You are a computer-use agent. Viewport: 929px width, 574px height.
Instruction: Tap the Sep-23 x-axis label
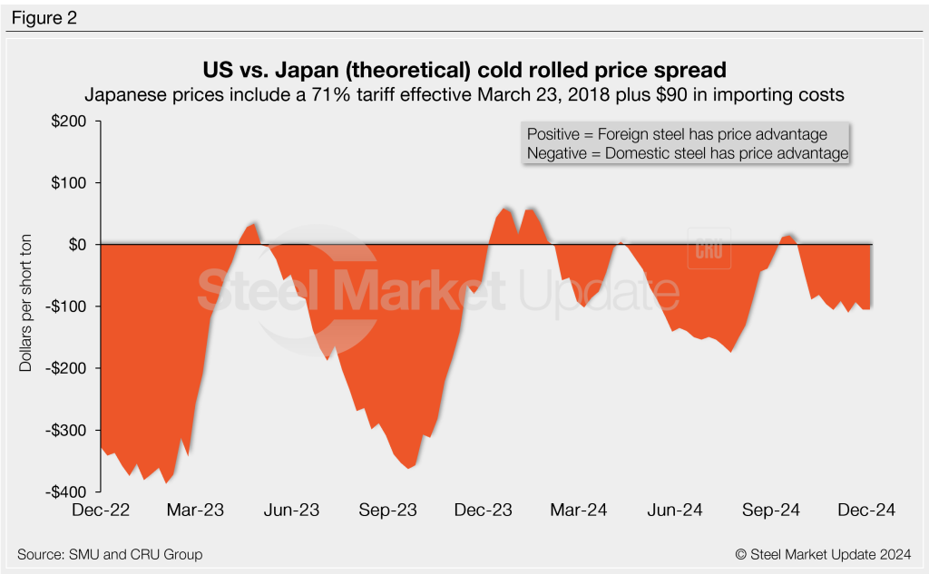(x=386, y=511)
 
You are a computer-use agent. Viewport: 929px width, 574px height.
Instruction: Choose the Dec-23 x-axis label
(x=482, y=511)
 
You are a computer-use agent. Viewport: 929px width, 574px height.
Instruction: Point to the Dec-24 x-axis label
(x=865, y=511)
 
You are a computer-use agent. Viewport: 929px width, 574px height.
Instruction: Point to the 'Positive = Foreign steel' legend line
(x=677, y=134)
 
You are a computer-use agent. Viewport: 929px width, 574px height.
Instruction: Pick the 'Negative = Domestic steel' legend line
(x=687, y=154)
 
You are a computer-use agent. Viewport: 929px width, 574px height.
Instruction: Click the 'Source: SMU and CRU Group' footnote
(x=110, y=554)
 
